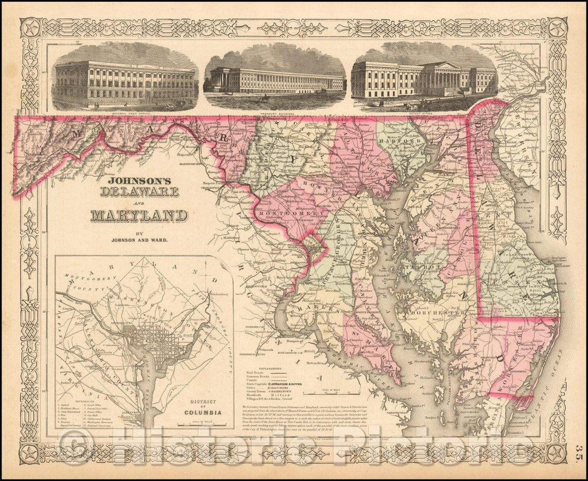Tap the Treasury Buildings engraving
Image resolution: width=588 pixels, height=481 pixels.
point(274,79)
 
